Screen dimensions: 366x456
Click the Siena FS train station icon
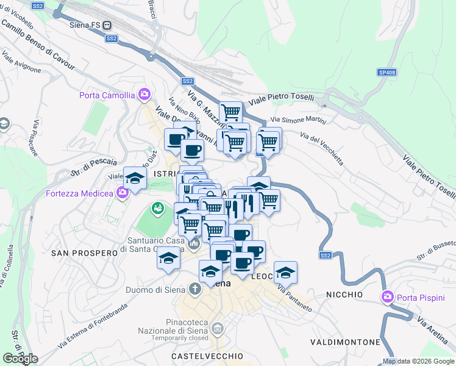pos(107,25)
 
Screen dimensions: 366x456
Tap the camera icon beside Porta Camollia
pos(144,94)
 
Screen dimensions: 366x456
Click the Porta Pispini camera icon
pos(387,297)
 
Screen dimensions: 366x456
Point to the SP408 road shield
pos(387,72)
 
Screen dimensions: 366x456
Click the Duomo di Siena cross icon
pos(194,288)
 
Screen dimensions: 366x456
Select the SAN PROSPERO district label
pos(84,253)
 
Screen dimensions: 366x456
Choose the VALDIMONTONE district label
pos(344,342)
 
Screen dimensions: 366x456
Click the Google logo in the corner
pos(20,359)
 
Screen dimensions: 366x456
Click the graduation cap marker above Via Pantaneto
pos(285,271)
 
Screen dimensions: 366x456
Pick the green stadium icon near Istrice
pos(158,209)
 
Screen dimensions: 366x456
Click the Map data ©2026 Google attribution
pos(418,361)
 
